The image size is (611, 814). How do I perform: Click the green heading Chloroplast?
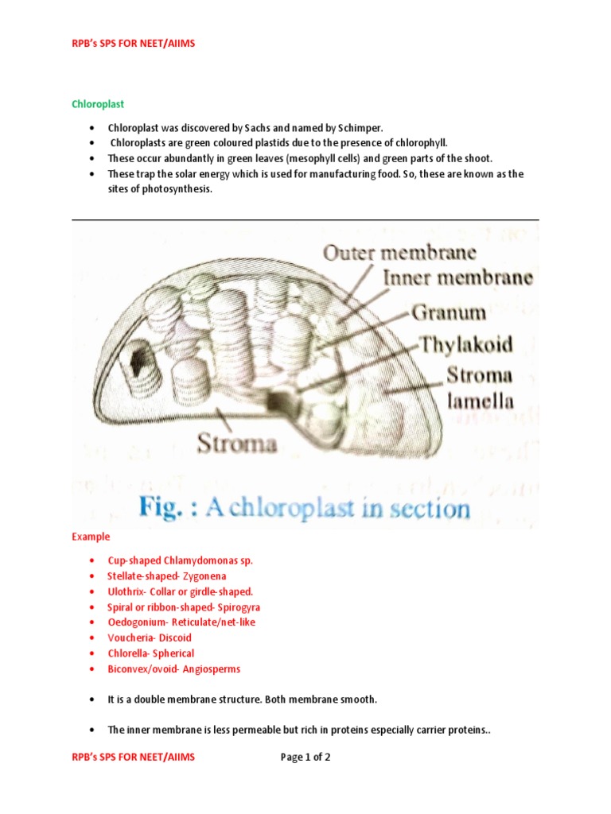pyautogui.click(x=98, y=104)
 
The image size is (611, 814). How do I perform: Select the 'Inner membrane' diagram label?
pyautogui.click(x=458, y=278)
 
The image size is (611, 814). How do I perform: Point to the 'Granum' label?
pyautogui.click(x=449, y=312)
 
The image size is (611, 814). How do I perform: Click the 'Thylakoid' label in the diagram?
pyautogui.click(x=466, y=344)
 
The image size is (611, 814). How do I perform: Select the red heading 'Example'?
pyautogui.click(x=91, y=537)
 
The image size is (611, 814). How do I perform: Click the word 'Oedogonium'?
pyautogui.click(x=134, y=622)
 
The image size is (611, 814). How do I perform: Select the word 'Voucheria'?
pyautogui.click(x=128, y=638)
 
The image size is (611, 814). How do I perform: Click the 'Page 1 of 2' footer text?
pyautogui.click(x=305, y=758)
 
